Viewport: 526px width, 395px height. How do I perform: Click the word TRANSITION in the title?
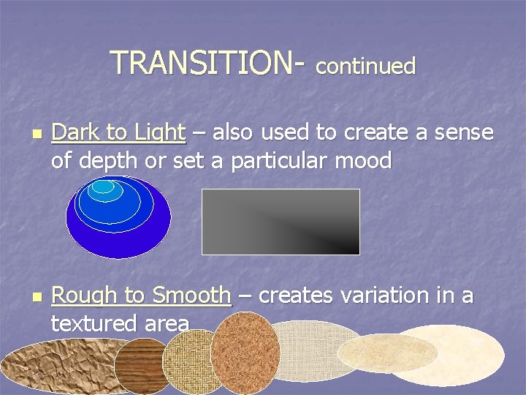(x=201, y=63)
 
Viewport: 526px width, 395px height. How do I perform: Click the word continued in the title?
(x=365, y=67)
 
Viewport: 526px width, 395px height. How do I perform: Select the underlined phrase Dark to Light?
(x=118, y=132)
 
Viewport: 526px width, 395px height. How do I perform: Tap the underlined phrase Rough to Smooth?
(x=141, y=296)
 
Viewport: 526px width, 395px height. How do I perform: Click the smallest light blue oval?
(x=103, y=187)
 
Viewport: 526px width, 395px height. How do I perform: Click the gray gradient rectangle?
(x=281, y=222)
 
